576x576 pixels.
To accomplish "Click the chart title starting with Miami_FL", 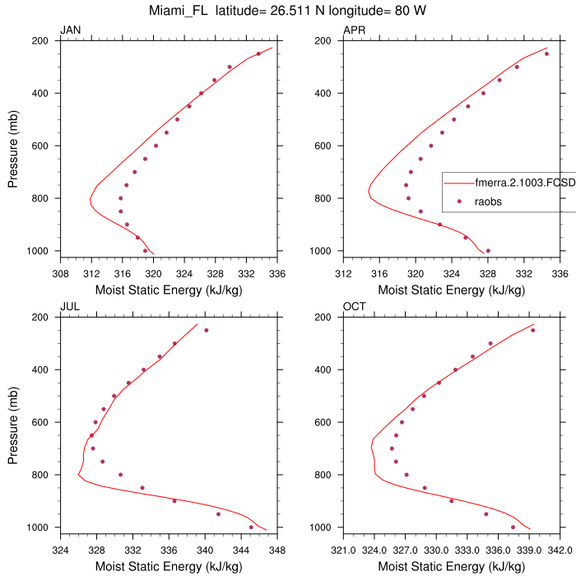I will pyautogui.click(x=288, y=12).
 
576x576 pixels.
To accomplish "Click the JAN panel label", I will pyautogui.click(x=71, y=31).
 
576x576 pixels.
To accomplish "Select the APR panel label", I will pyautogui.click(x=354, y=31).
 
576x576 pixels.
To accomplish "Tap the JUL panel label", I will pyautogui.click(x=70, y=308).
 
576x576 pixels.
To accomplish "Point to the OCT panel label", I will pyautogui.click(x=354, y=308).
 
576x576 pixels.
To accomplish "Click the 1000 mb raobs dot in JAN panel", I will pyautogui.click(x=146, y=251).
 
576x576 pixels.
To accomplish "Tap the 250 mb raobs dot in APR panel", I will pyautogui.click(x=546, y=53).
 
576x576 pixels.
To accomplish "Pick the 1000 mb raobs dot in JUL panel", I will pyautogui.click(x=251, y=527).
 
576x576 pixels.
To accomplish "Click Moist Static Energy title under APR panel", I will pyautogui.click(x=451, y=290).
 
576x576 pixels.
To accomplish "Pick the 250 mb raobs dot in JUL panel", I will pyautogui.click(x=206, y=330).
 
